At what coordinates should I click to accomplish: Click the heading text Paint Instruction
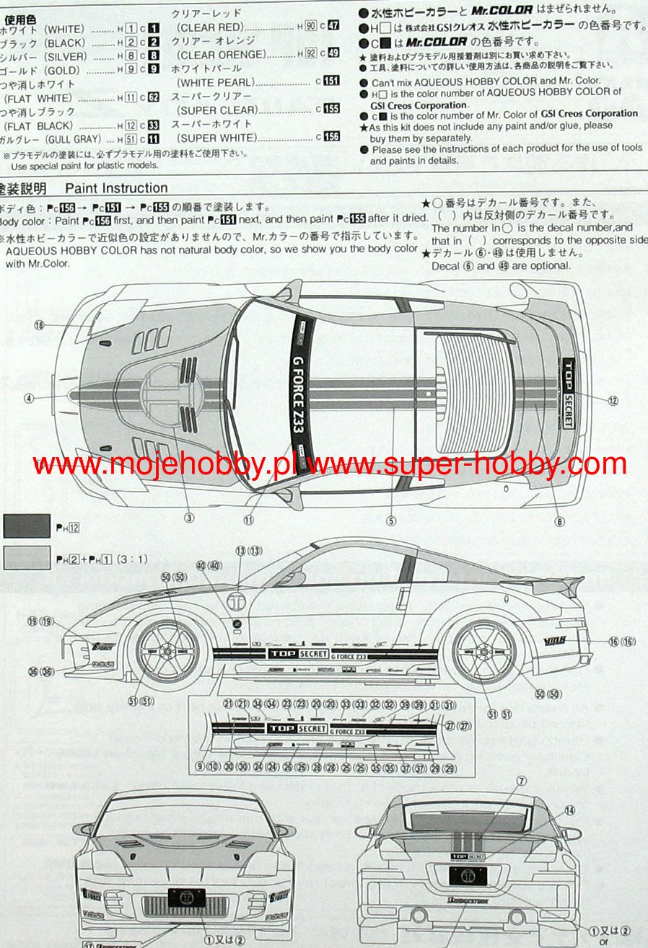tap(116, 189)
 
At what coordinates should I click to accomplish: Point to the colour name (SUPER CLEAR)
tap(217, 110)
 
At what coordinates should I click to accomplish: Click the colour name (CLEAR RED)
tap(209, 27)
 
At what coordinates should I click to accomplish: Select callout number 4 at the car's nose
tap(29, 397)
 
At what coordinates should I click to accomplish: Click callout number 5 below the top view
tap(391, 520)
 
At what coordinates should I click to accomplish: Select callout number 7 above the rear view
tap(521, 781)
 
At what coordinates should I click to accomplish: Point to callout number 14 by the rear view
tap(570, 811)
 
